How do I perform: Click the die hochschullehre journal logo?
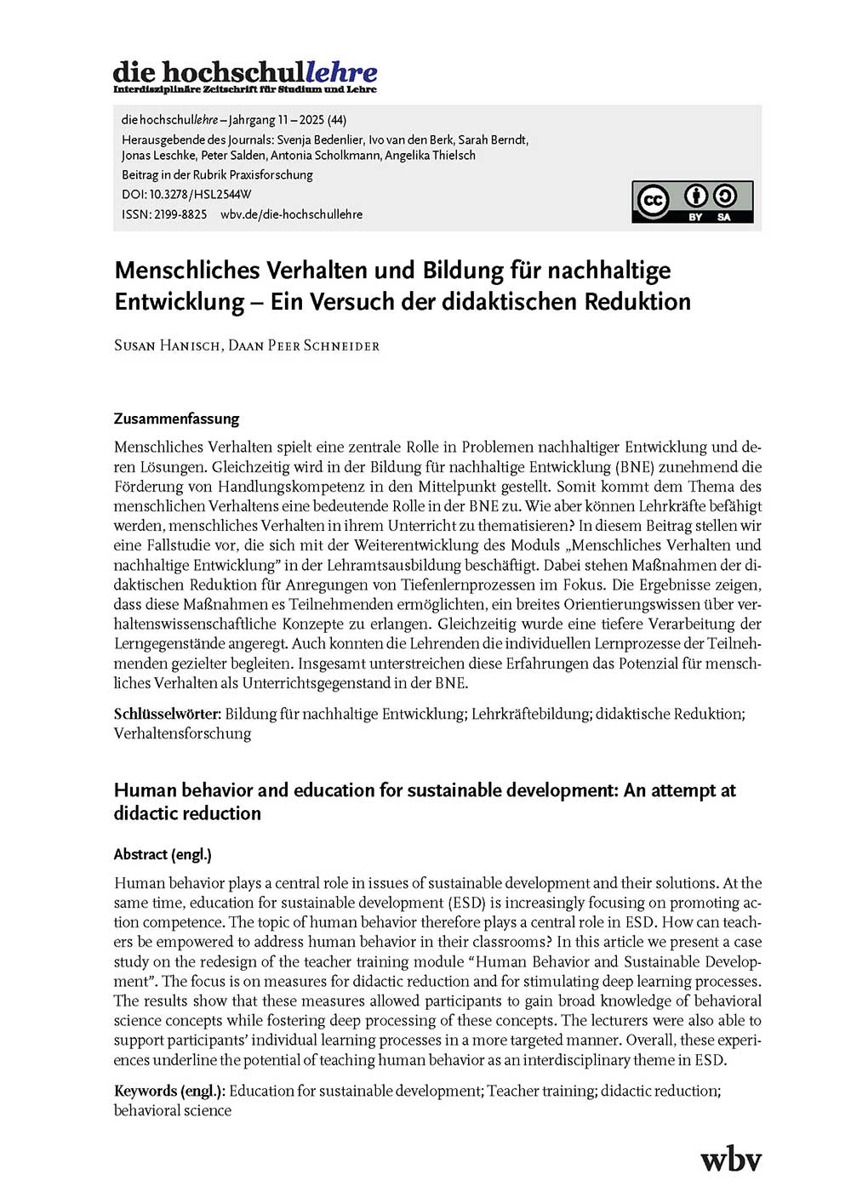[245, 76]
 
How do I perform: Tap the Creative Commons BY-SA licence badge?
[692, 202]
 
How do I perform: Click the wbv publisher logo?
[730, 1160]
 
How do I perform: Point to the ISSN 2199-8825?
[180, 214]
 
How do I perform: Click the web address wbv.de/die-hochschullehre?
[291, 214]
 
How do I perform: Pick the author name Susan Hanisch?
[167, 345]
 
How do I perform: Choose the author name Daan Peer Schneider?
[304, 345]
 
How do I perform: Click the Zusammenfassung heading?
[176, 419]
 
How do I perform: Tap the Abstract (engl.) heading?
[163, 854]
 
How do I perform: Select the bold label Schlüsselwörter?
[168, 714]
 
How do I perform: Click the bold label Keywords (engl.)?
[170, 1091]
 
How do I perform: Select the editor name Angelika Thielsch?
[430, 155]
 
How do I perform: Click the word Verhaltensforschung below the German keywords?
[182, 733]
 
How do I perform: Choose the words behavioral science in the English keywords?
[173, 1110]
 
